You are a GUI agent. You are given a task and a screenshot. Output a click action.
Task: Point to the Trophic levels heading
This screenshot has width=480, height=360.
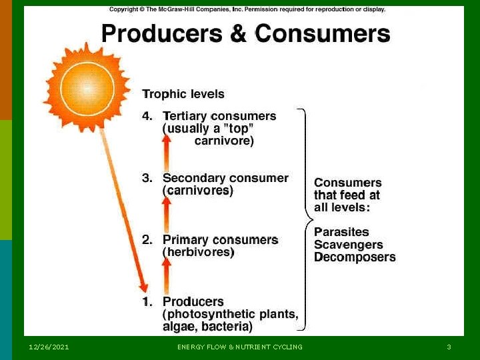tap(183, 95)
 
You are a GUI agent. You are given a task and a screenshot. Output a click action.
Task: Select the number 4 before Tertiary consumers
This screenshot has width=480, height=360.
tap(147, 116)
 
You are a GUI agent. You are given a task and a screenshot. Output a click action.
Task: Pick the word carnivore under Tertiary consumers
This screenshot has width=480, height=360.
tap(223, 141)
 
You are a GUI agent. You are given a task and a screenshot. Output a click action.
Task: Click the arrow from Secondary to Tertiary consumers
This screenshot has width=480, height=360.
tap(167, 153)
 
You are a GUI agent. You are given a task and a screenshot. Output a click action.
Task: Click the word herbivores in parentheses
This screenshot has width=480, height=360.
tap(198, 253)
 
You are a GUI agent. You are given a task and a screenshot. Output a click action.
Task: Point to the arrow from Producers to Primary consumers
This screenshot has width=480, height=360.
tap(167, 275)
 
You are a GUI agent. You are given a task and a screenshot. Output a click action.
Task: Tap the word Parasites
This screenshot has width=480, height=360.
tap(341, 232)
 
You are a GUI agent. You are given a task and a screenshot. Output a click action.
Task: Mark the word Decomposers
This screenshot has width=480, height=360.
tap(355, 257)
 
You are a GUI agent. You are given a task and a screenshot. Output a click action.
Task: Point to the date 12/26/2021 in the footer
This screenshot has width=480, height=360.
tap(49, 347)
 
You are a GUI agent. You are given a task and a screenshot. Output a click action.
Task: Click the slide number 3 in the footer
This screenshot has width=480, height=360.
tap(449, 347)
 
